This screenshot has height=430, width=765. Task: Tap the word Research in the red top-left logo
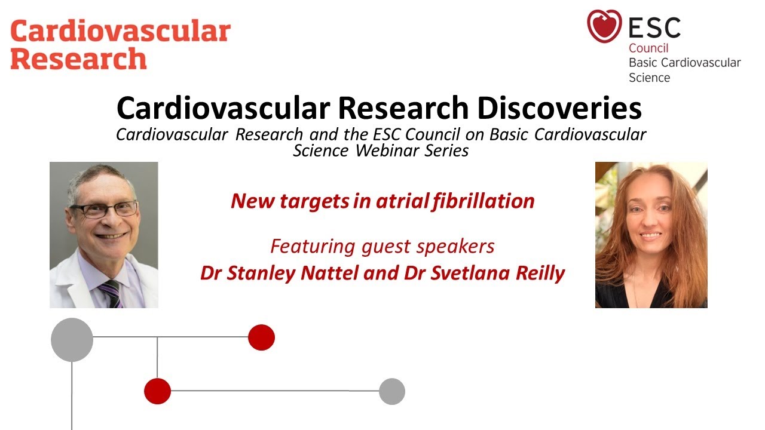[x=78, y=59]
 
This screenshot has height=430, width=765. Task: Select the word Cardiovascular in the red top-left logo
[x=120, y=31]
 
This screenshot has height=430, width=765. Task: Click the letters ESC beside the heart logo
[x=654, y=27]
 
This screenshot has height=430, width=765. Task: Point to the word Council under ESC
[x=648, y=48]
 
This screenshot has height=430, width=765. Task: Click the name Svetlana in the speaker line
[x=457, y=273]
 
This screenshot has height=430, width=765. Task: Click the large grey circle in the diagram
[x=72, y=340]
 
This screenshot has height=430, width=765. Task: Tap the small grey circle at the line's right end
[x=392, y=392]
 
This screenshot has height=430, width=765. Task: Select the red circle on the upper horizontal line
[x=261, y=337]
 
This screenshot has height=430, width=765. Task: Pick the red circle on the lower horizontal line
[x=158, y=392]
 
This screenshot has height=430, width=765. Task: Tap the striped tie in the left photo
[x=112, y=293]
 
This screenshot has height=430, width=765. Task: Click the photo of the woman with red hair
[x=651, y=235]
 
